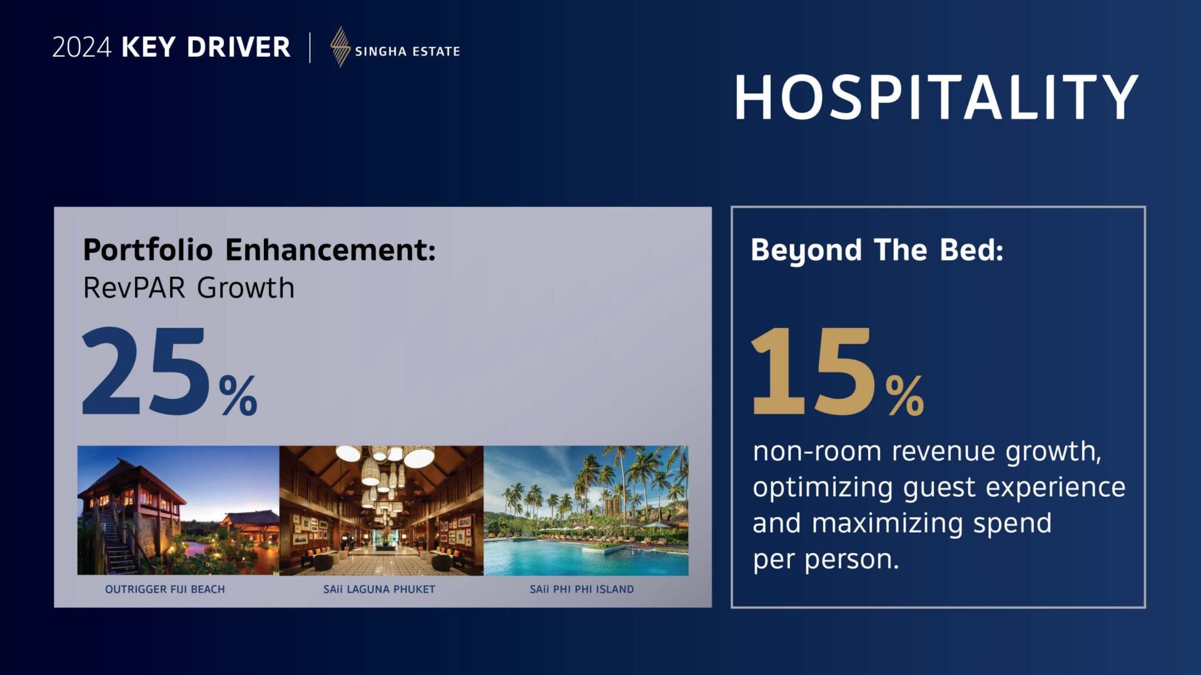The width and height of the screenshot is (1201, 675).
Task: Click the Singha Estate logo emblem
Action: (x=340, y=47)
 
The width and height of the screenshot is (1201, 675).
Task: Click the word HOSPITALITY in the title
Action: (x=936, y=97)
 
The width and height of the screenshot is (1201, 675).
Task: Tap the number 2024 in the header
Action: (x=81, y=47)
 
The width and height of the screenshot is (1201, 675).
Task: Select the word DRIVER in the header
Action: (x=238, y=47)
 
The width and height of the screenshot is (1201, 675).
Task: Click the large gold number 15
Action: (x=812, y=371)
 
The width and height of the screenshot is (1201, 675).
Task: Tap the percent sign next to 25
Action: (x=238, y=395)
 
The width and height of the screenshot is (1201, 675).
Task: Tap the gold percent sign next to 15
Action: (x=905, y=395)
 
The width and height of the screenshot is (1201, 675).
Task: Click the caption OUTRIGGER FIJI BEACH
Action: (x=165, y=589)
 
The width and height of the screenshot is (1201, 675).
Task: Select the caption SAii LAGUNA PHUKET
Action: (x=379, y=589)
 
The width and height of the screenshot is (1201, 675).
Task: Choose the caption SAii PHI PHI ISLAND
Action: (x=582, y=589)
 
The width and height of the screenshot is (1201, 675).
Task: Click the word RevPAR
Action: (x=134, y=288)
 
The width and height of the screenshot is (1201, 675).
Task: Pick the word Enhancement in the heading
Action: (x=330, y=250)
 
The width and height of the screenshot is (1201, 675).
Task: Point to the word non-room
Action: (x=818, y=451)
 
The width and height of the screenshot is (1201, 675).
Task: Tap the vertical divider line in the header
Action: (x=310, y=47)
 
